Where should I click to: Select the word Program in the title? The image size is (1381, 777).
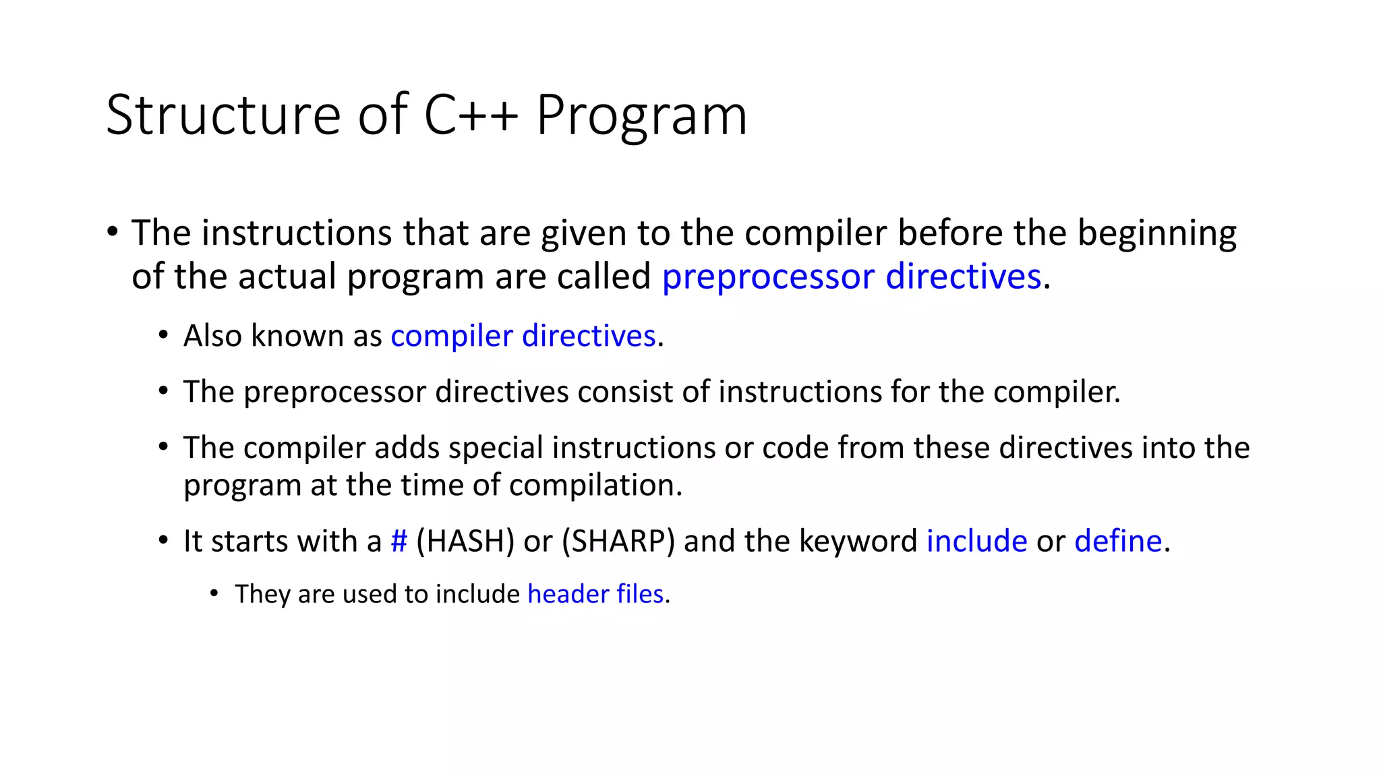click(x=641, y=116)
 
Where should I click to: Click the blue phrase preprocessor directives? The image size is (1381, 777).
click(x=851, y=277)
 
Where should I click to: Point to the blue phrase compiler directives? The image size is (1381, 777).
click(x=523, y=336)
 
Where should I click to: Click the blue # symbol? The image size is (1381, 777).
click(x=399, y=541)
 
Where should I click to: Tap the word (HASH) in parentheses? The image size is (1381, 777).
click(x=465, y=541)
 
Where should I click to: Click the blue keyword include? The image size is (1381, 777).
click(x=976, y=541)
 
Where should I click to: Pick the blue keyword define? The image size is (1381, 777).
click(x=1118, y=541)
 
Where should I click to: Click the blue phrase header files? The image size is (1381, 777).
click(x=595, y=594)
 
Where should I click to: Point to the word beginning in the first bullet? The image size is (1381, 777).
click(x=1156, y=233)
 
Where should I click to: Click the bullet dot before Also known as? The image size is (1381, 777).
click(x=163, y=336)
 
